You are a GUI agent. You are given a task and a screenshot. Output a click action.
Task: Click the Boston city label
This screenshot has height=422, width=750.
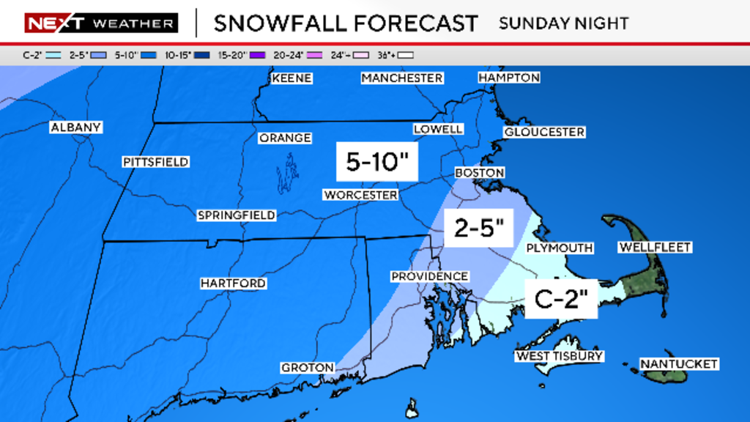click(x=480, y=173)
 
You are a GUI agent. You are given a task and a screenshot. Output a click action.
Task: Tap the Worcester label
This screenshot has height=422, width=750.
click(x=360, y=195)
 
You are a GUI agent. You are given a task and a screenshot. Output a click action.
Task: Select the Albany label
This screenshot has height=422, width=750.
click(x=75, y=127)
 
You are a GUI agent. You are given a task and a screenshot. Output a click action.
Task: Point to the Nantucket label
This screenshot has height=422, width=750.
click(x=678, y=364)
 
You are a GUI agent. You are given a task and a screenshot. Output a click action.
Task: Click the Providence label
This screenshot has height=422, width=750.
click(x=429, y=276)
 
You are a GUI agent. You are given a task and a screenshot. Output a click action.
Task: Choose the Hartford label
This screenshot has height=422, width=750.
click(x=233, y=284)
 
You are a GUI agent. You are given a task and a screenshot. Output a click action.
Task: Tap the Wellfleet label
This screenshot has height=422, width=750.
click(x=655, y=248)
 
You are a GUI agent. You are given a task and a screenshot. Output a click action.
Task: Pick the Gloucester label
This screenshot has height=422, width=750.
click(x=543, y=132)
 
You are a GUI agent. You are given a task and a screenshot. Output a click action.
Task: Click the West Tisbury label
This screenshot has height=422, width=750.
click(x=559, y=356)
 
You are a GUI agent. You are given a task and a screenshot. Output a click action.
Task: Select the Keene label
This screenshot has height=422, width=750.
click(x=292, y=78)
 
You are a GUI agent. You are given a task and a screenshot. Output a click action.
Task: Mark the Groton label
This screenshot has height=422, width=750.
click(x=308, y=368)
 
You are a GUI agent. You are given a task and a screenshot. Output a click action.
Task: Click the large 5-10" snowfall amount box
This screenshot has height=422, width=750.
click(x=376, y=162)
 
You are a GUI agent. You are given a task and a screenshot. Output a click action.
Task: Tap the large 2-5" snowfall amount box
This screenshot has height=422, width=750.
click(x=479, y=229)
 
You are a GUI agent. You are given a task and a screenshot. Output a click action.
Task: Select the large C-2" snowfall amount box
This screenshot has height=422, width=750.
click(x=561, y=298)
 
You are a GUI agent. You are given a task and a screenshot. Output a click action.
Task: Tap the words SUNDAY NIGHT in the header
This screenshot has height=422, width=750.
click(x=563, y=23)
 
